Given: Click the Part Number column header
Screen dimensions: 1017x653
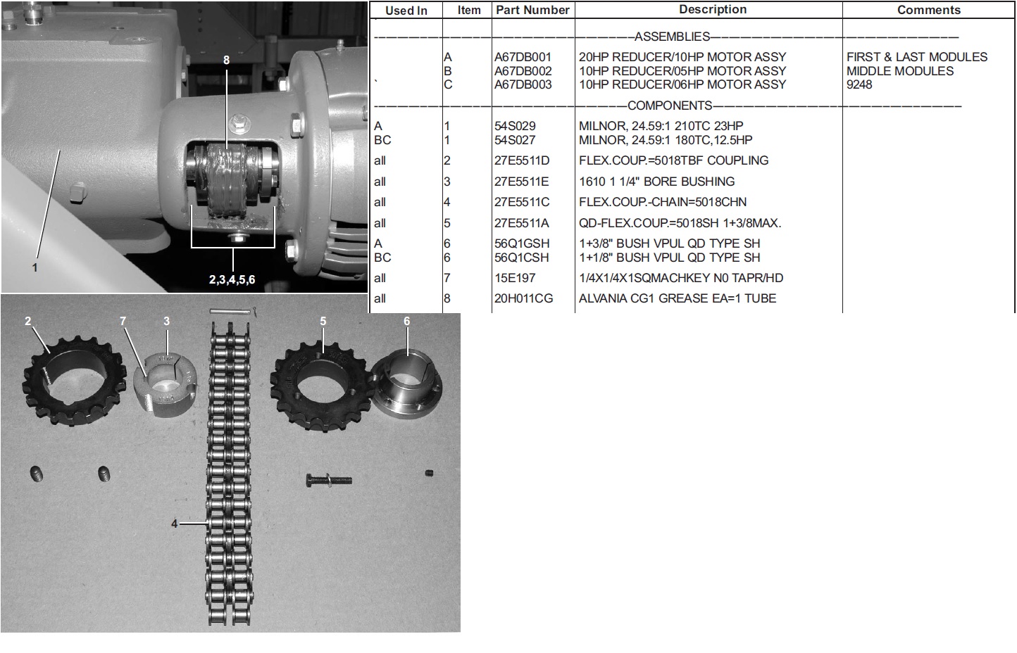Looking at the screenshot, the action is coord(532,10).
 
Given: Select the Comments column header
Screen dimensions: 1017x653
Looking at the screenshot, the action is coord(929,10).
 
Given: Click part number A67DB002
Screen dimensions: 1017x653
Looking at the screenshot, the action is coord(523,71).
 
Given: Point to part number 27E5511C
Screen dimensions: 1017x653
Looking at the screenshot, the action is coord(522,202).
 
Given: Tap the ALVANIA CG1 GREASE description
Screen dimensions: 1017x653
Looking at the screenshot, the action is coord(678,298).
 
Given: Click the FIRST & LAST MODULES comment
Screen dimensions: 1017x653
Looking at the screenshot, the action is coord(917,57).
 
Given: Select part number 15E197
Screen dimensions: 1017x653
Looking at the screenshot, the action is coord(515,278).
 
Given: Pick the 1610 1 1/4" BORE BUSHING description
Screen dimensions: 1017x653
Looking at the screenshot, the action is coord(656,182).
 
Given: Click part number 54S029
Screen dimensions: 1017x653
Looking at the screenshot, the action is coord(515,126).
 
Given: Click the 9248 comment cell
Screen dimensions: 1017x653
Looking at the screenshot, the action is coord(859,85).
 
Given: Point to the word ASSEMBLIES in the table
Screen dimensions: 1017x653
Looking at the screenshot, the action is coord(672,37).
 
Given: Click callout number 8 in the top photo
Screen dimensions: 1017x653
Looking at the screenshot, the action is coord(226,60).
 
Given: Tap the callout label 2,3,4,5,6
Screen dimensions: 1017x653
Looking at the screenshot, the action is coord(232,279).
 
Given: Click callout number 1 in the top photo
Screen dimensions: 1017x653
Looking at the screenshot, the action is coord(35,267).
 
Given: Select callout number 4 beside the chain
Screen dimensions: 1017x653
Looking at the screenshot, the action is coord(175,524).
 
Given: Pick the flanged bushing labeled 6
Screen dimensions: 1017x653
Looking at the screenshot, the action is coord(407,386).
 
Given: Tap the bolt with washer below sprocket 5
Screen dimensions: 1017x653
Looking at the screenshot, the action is coord(329,480).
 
